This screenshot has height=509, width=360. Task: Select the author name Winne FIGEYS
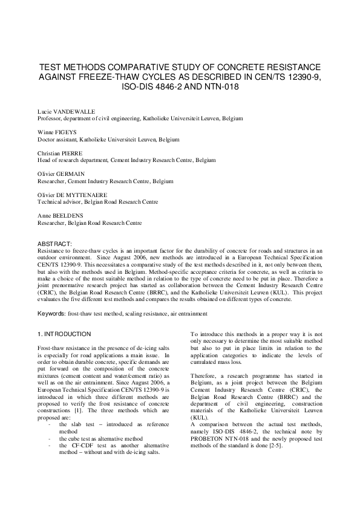tap(59, 133)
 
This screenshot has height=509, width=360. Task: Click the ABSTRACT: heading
tap(54, 243)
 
